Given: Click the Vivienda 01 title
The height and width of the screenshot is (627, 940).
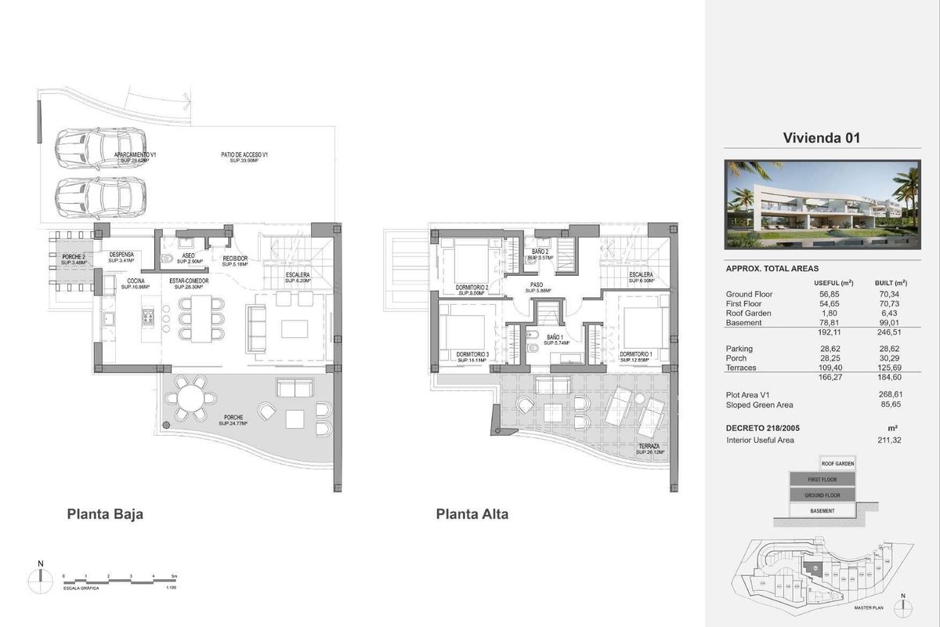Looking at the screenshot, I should pos(822,138).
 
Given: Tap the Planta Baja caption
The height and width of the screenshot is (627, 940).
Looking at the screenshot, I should pos(104,515).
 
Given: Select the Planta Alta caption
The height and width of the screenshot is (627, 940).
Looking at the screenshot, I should pos(472,515).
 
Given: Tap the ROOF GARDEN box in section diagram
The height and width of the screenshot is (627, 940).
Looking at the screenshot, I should pos(837,463).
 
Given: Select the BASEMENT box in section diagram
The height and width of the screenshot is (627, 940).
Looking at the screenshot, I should pos(822,511).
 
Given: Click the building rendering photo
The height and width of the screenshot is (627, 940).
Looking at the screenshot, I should pos(822,204).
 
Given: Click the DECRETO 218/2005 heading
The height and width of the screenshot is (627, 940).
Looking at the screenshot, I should pos(763,427).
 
